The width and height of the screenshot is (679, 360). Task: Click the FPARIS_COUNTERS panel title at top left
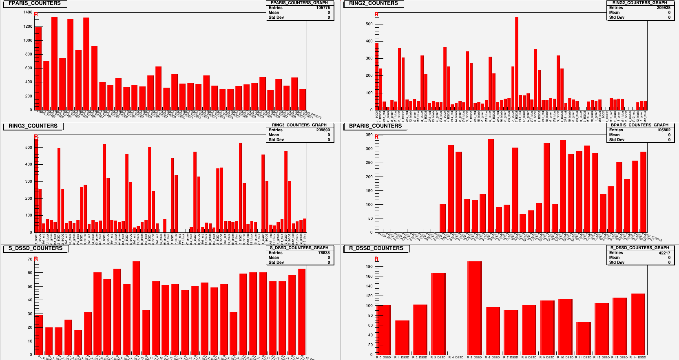click(x=34, y=3)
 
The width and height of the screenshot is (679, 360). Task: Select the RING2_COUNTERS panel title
click(x=373, y=3)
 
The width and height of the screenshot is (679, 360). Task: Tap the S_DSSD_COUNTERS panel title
click(x=35, y=248)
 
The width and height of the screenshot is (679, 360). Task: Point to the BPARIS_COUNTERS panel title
click(x=375, y=126)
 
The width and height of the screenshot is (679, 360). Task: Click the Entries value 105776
click(x=323, y=8)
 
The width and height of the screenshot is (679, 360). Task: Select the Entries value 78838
click(x=324, y=253)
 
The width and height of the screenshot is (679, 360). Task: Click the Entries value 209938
click(x=664, y=8)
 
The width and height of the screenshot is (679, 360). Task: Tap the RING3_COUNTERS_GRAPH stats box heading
click(x=299, y=125)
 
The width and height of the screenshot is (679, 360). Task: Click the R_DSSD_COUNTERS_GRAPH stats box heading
click(x=639, y=247)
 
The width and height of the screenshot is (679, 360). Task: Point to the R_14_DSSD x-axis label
click(x=638, y=358)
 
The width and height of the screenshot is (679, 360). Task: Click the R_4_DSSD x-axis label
click(x=456, y=358)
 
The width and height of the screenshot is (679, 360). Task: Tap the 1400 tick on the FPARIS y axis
click(x=28, y=12)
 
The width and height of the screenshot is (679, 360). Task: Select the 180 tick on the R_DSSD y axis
click(x=369, y=267)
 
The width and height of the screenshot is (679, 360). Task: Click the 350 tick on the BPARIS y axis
click(x=369, y=135)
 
